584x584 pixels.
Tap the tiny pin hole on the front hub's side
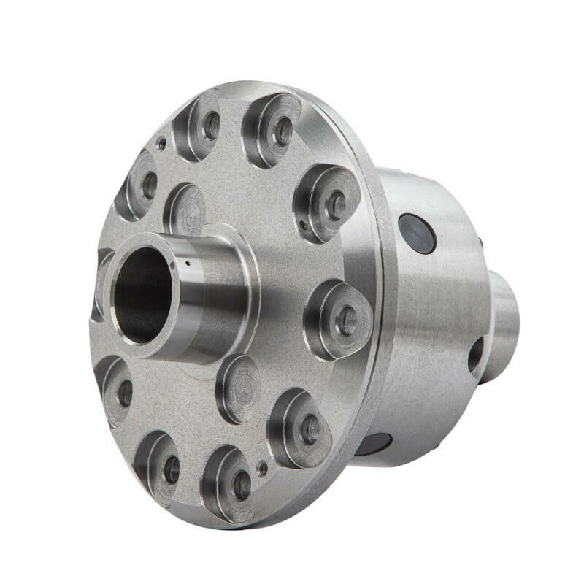188,264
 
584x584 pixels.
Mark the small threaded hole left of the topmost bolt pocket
161,145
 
